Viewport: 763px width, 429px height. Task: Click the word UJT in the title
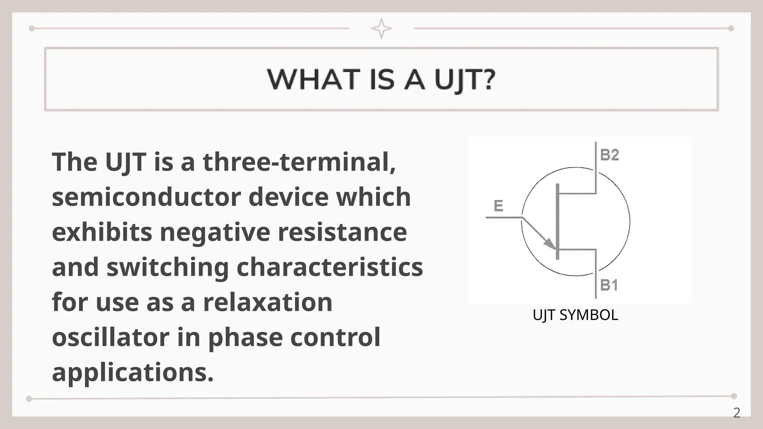(x=460, y=79)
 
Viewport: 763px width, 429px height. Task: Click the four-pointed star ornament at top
(x=381, y=28)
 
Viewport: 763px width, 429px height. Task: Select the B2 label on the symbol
(x=610, y=155)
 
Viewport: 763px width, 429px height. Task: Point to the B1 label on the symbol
(x=609, y=286)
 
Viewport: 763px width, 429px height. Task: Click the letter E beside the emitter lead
(x=498, y=206)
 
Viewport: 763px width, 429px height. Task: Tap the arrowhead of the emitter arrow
(x=550, y=244)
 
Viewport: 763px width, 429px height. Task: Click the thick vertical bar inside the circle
(x=557, y=222)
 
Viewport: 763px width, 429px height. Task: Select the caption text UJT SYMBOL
(x=575, y=315)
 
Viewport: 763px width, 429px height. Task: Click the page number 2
(x=737, y=413)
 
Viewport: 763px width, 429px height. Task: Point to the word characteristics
(x=330, y=267)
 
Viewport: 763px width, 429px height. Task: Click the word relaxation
(x=267, y=302)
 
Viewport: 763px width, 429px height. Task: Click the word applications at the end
(x=133, y=372)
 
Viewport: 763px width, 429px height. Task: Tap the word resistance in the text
(x=342, y=232)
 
